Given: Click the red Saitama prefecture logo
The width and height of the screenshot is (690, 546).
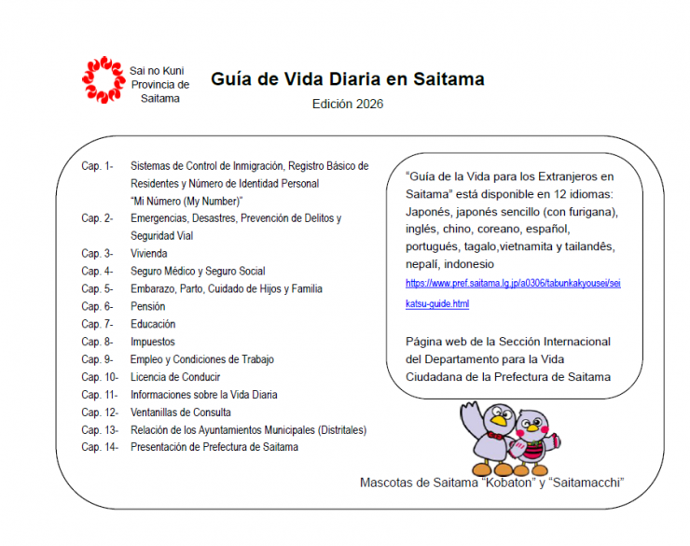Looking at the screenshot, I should click(103, 80).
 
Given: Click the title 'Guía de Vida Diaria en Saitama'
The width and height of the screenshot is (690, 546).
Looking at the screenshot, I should click(347, 79).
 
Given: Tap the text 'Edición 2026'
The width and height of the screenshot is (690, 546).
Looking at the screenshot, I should click(347, 105).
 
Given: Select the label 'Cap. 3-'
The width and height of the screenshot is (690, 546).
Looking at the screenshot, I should click(97, 253).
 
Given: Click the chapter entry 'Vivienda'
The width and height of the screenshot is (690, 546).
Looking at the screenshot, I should click(149, 253).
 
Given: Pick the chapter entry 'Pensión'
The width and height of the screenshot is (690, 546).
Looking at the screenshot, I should click(148, 306).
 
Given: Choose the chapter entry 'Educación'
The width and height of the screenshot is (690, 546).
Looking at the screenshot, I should click(154, 324).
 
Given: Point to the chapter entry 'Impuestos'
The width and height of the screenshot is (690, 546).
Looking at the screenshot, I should click(153, 342).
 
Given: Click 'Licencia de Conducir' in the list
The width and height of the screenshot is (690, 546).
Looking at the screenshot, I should click(175, 377).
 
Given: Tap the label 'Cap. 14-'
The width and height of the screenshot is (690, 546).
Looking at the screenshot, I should click(99, 447).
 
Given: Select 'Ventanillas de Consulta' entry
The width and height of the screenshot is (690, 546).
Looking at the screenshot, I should click(181, 412).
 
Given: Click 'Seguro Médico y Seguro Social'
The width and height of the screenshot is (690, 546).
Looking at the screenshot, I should click(198, 271).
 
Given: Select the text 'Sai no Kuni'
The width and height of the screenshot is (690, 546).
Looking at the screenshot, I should click(157, 70).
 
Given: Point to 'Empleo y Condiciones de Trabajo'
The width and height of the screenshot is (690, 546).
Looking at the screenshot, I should click(202, 359).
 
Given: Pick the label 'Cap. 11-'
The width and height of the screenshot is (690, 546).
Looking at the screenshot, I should click(99, 395).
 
